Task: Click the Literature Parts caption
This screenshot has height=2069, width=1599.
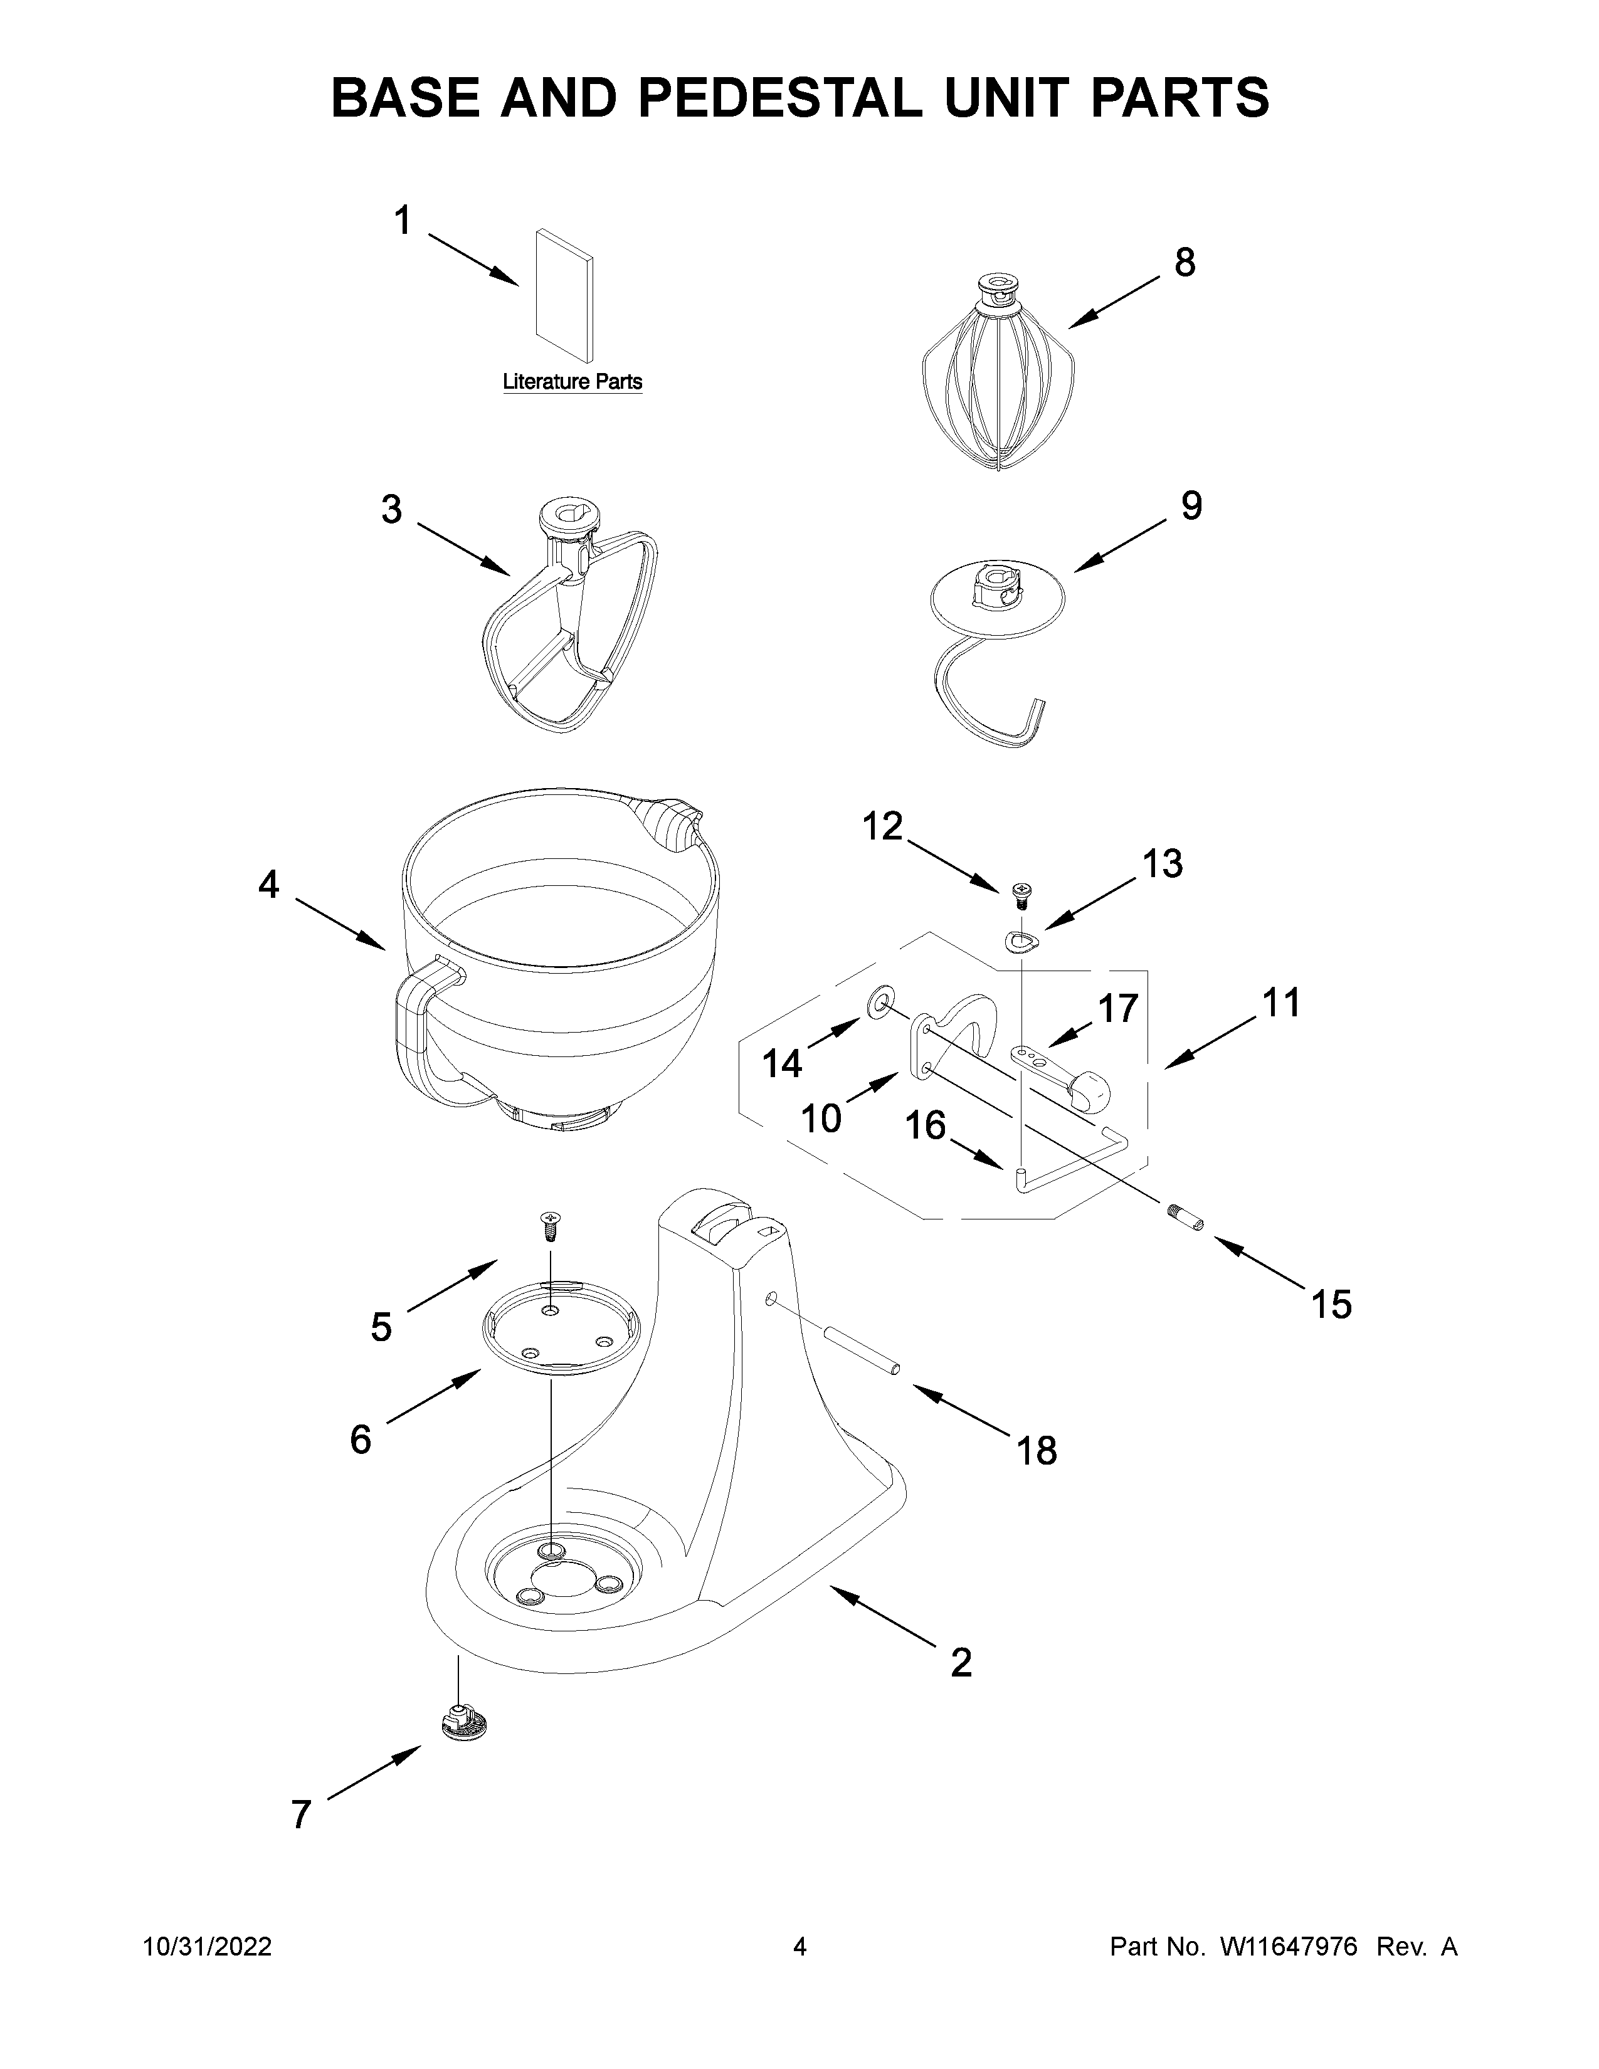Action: [x=572, y=382]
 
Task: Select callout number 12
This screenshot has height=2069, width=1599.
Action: [x=882, y=827]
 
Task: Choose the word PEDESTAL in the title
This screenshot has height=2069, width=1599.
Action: [x=779, y=98]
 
